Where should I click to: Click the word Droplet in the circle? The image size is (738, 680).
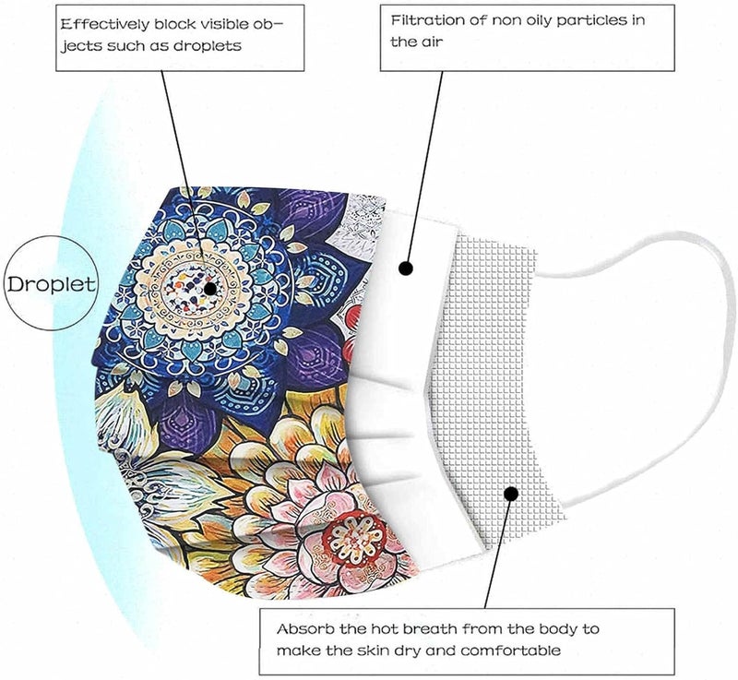[52, 284]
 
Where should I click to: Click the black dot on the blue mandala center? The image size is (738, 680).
[210, 289]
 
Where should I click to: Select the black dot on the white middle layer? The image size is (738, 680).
[406, 268]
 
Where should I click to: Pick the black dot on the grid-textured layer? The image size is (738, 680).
[511, 494]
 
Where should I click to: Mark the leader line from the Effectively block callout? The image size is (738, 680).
[185, 177]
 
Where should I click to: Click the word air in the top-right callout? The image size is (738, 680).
[431, 42]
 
